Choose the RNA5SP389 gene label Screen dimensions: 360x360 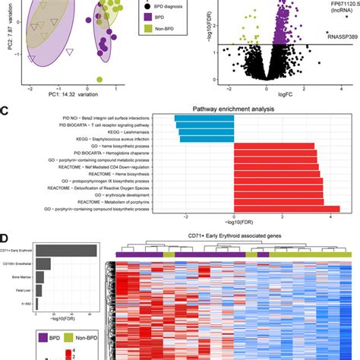pyautogui.click(x=340, y=35)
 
